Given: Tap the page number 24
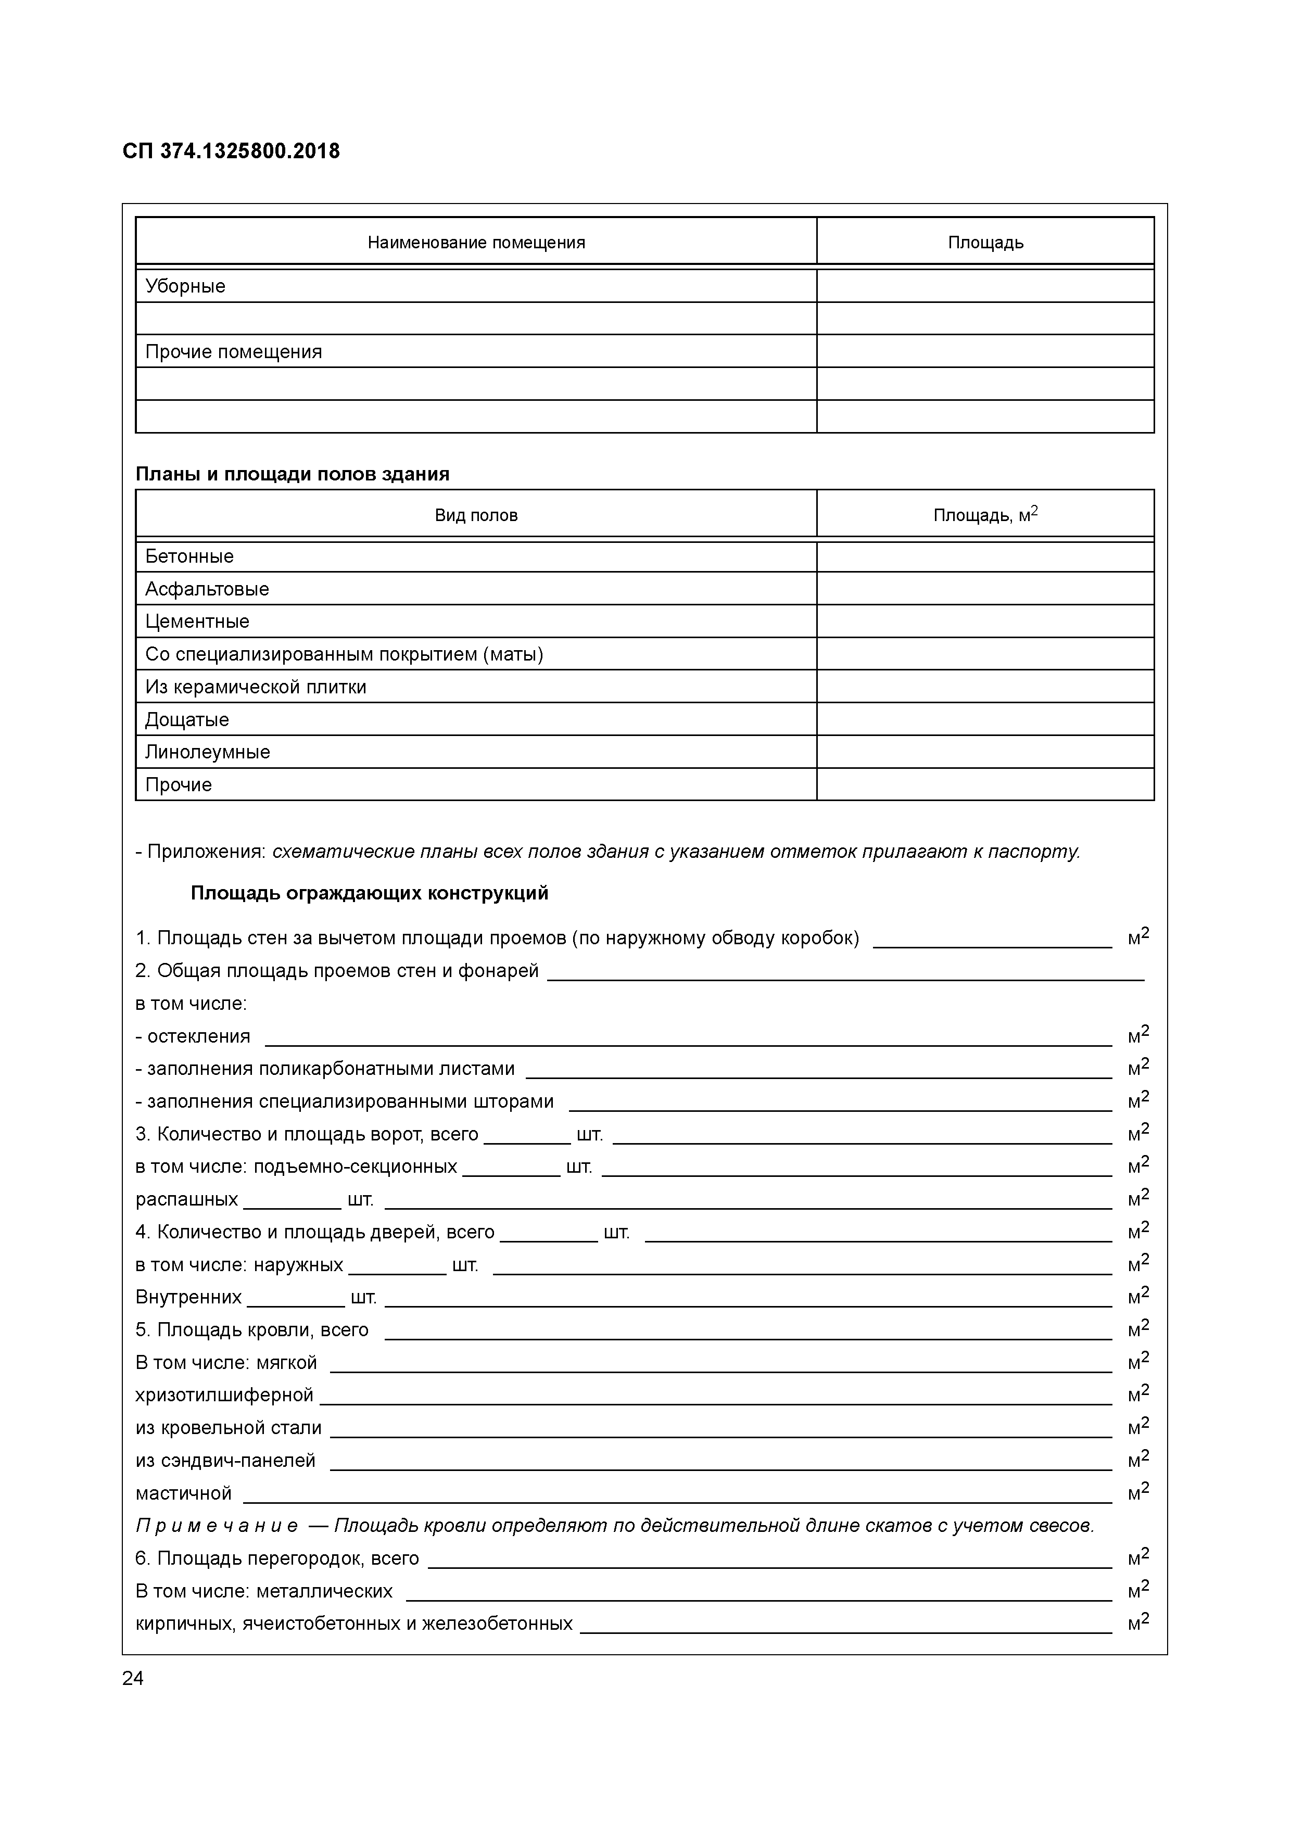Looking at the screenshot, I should point(133,1678).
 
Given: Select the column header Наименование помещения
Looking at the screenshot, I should point(476,243).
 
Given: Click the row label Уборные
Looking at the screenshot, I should point(185,286).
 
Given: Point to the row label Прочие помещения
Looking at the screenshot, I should point(233,351).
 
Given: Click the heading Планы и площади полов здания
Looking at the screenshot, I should point(292,474).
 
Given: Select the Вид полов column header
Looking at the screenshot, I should point(476,515).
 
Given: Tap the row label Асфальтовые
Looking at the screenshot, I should point(207,589).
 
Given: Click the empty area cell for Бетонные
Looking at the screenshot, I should point(985,557).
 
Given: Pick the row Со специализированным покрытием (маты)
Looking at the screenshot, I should point(344,654).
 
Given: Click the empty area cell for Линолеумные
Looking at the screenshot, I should point(985,752).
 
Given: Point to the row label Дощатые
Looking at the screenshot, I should point(187,720).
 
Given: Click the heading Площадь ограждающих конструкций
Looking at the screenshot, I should point(369,893).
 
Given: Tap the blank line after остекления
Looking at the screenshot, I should point(687,1038).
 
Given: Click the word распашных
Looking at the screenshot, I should point(186,1199).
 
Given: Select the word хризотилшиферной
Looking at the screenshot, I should point(224,1395).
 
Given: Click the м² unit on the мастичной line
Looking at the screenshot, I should point(1137,1493).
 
